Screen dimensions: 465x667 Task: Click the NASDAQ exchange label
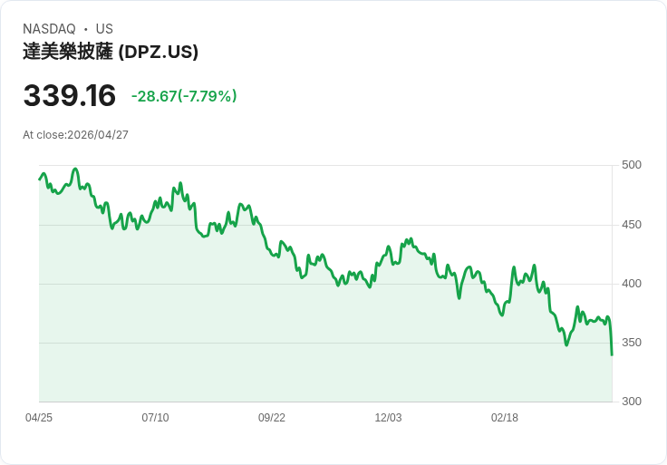49,29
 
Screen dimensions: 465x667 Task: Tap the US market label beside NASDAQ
104,29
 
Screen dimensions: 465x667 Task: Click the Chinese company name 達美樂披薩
68,52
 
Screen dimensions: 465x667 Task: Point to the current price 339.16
70,96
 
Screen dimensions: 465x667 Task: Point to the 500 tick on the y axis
631,165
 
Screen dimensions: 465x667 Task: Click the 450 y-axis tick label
631,225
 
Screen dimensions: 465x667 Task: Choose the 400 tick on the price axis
631,284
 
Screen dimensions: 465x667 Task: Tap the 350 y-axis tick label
631,343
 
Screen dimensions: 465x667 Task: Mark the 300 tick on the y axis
631,402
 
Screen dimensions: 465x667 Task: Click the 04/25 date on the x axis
39,418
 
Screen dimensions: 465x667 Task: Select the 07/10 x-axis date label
155,418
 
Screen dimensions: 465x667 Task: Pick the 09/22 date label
272,418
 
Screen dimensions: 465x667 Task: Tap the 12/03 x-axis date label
388,418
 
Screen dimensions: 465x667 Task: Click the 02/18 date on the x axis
505,418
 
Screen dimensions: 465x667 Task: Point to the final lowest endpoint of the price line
612,354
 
